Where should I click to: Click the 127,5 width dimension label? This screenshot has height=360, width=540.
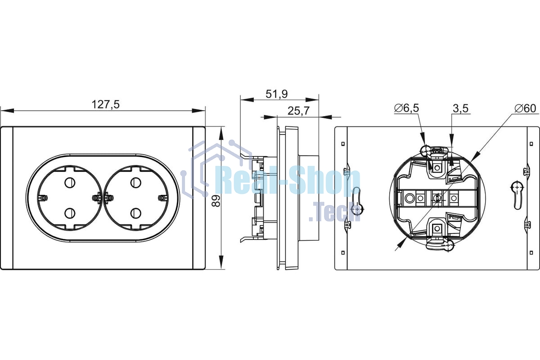(106, 105)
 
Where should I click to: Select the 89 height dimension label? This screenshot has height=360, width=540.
(216, 200)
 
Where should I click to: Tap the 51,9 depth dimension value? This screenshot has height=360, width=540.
(276, 94)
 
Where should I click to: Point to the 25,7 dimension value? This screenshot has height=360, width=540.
(298, 111)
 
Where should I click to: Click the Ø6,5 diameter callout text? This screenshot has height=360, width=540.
(406, 108)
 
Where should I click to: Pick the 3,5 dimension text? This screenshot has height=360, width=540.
(460, 108)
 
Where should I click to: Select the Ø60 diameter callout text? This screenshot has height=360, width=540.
(525, 108)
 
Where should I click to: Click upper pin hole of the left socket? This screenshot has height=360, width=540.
(70, 183)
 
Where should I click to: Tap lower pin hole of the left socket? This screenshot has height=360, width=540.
(70, 213)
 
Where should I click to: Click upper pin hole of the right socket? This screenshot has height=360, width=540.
(136, 183)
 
